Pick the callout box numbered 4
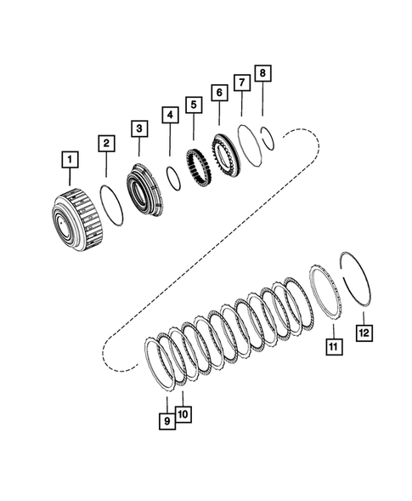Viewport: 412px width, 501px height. [x=170, y=114]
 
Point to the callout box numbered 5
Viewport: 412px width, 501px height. [x=194, y=105]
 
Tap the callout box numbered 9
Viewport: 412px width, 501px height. [x=167, y=419]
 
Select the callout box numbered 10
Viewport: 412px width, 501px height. [x=184, y=413]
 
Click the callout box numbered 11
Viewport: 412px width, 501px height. [x=333, y=347]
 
